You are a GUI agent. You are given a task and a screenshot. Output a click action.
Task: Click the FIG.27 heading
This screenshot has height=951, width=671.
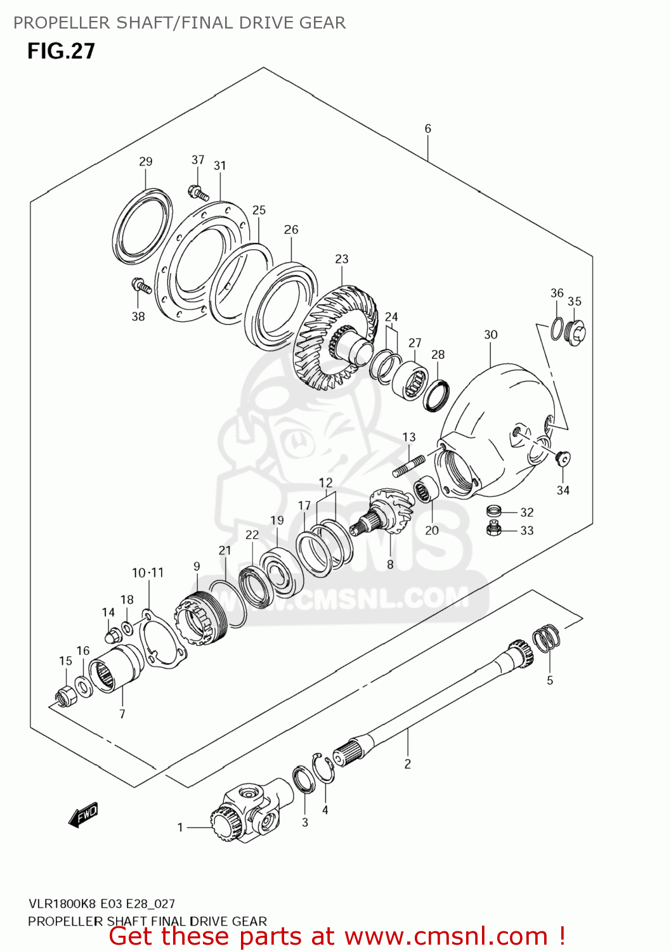pyautogui.click(x=61, y=51)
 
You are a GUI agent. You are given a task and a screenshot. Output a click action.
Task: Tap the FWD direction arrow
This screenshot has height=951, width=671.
pyautogui.click(x=84, y=814)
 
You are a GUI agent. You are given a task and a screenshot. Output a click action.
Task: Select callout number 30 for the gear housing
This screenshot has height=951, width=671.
pyautogui.click(x=490, y=335)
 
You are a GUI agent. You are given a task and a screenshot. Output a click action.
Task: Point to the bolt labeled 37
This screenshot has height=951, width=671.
pyautogui.click(x=198, y=193)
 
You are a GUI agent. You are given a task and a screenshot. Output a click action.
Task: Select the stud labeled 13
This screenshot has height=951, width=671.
pyautogui.click(x=408, y=466)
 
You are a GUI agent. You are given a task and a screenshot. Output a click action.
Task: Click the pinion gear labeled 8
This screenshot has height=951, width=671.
pyautogui.click(x=382, y=512)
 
